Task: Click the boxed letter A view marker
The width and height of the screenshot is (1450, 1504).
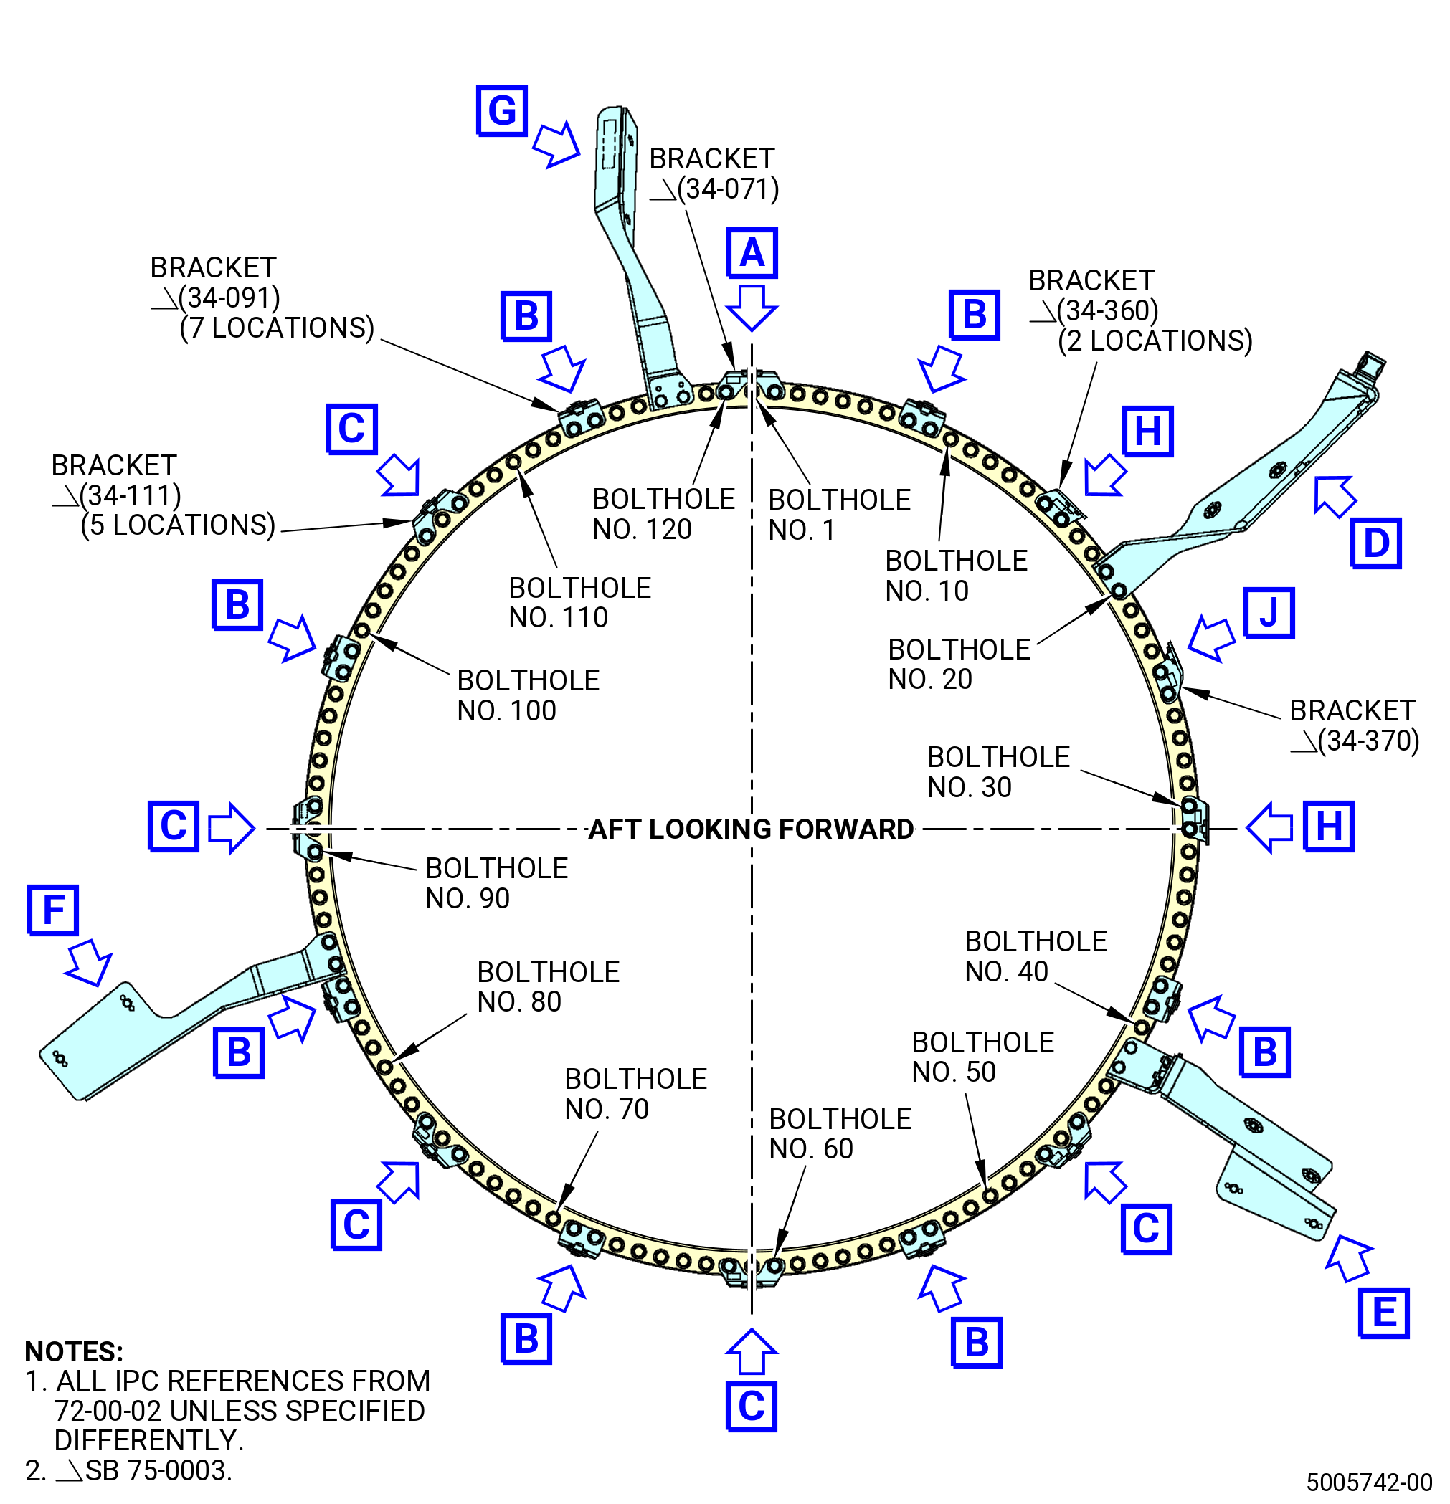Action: (x=752, y=252)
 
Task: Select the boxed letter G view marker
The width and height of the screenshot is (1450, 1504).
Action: (x=502, y=110)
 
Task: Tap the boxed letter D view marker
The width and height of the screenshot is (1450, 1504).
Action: (x=1375, y=543)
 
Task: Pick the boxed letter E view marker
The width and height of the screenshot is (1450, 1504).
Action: (x=1383, y=1312)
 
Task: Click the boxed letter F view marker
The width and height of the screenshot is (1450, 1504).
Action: (x=53, y=910)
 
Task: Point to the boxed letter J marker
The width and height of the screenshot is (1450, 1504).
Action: (x=1269, y=612)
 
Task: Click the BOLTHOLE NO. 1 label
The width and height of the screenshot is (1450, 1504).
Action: (x=839, y=514)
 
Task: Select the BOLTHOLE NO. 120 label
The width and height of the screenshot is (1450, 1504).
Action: (x=663, y=514)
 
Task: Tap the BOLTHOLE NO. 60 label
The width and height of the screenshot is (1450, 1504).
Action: (x=840, y=1133)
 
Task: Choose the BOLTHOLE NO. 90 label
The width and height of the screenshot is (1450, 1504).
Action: (x=497, y=883)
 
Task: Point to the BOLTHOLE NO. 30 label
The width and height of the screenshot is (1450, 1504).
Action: (x=998, y=772)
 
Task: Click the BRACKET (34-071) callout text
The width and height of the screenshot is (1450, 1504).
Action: (x=713, y=173)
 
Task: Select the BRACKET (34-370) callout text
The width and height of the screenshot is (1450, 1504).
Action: (x=1354, y=725)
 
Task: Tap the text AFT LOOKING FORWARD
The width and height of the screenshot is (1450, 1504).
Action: (x=751, y=829)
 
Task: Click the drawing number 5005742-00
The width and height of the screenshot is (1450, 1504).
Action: (x=1370, y=1482)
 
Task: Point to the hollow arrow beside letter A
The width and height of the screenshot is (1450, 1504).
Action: (x=752, y=307)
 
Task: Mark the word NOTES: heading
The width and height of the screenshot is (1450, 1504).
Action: (x=74, y=1351)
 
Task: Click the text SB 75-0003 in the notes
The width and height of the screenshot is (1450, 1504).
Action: (x=157, y=1470)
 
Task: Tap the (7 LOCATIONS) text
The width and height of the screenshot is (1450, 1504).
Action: (x=276, y=328)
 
